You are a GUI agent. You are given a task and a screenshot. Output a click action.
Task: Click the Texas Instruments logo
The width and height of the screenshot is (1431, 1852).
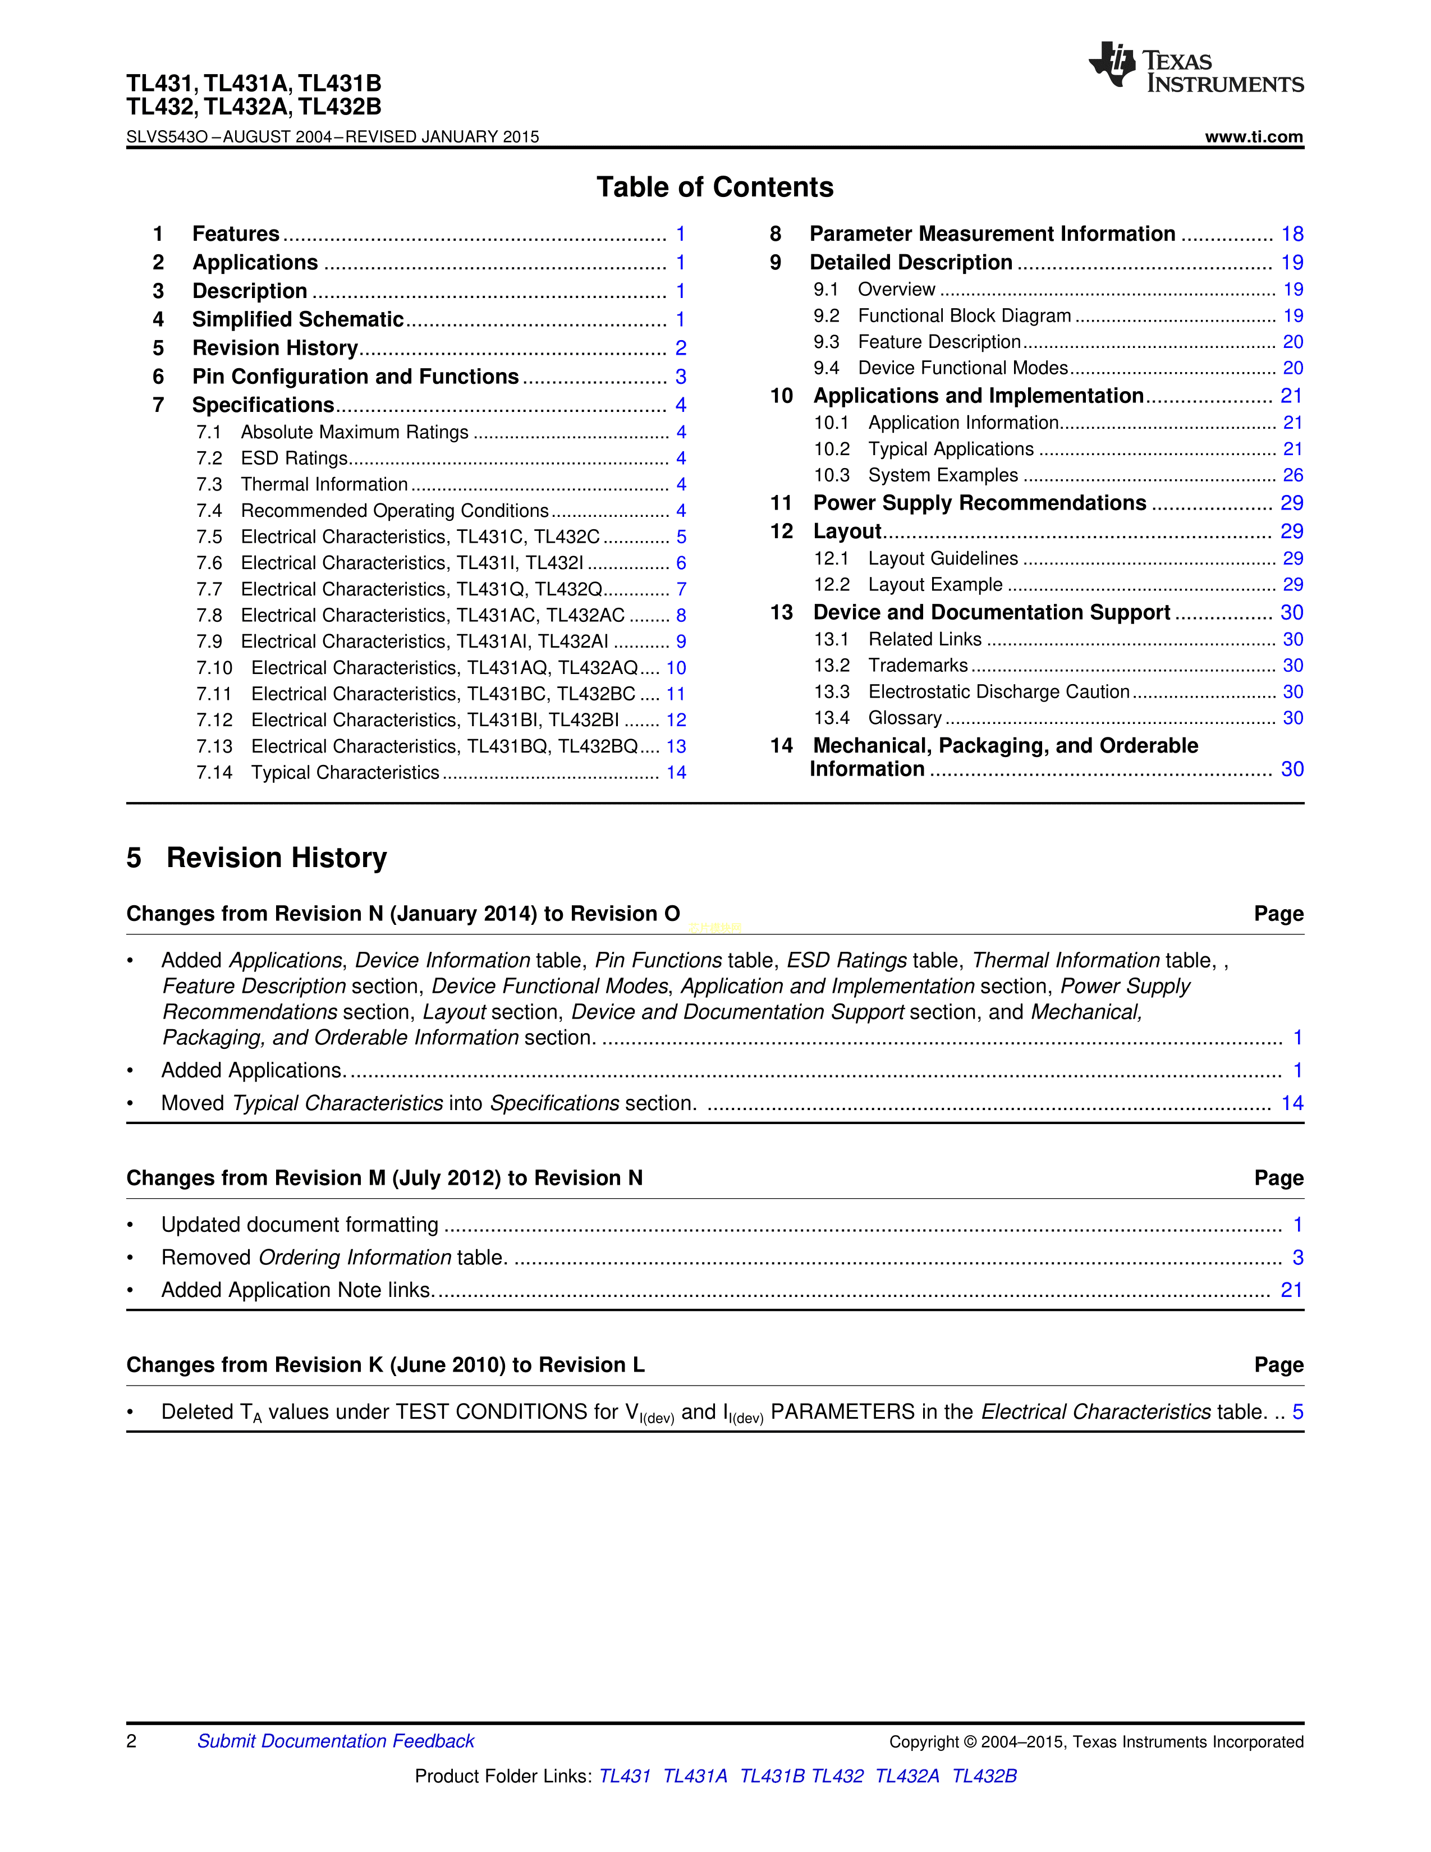pyautogui.click(x=1195, y=68)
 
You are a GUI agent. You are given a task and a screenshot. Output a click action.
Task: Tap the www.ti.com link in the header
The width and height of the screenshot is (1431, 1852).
pyautogui.click(x=1254, y=136)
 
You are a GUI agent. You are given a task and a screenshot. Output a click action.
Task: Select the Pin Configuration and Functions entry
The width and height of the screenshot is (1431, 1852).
pyautogui.click(x=355, y=377)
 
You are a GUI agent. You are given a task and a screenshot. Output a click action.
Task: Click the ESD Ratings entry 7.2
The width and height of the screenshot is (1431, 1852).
pyautogui.click(x=294, y=459)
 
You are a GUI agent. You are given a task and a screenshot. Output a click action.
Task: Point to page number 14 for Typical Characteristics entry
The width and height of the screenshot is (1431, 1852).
pyautogui.click(x=676, y=773)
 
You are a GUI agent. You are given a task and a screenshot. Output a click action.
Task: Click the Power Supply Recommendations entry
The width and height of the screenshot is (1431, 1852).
pyautogui.click(x=979, y=503)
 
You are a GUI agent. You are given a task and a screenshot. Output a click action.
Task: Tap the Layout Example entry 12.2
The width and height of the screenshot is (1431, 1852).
pyautogui.click(x=935, y=585)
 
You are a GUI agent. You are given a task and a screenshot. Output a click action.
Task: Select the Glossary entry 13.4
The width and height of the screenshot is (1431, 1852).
pyautogui.click(x=905, y=718)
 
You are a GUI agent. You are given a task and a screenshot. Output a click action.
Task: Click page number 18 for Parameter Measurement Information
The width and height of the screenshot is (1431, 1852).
pyautogui.click(x=1292, y=234)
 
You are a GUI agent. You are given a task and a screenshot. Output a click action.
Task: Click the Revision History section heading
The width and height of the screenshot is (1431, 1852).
pyautogui.click(x=276, y=858)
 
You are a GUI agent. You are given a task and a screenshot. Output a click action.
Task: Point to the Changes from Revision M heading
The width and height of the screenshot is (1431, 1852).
pyautogui.click(x=384, y=1178)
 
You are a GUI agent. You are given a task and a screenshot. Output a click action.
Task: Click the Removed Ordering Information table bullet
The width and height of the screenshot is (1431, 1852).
pyautogui.click(x=334, y=1258)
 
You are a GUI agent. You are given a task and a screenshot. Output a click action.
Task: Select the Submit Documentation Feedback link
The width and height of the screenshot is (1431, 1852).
pyautogui.click(x=336, y=1741)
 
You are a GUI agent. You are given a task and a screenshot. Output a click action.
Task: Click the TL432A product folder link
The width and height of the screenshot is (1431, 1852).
pyautogui.click(x=906, y=1776)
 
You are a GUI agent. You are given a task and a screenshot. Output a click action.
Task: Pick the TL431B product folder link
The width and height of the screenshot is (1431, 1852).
pyautogui.click(x=772, y=1776)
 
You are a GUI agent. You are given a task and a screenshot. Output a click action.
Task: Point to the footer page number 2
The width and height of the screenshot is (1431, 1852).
pyautogui.click(x=131, y=1741)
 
